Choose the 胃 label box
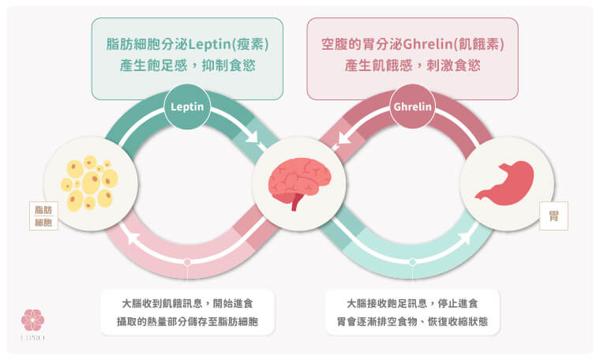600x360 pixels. [x=553, y=216]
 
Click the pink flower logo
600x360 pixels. [x=33, y=320]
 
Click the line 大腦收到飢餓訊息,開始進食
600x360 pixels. [x=187, y=303]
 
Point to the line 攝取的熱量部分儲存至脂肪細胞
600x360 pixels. [x=187, y=322]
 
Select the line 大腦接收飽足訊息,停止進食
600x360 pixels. [x=412, y=303]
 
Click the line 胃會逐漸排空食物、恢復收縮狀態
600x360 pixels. [x=412, y=322]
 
